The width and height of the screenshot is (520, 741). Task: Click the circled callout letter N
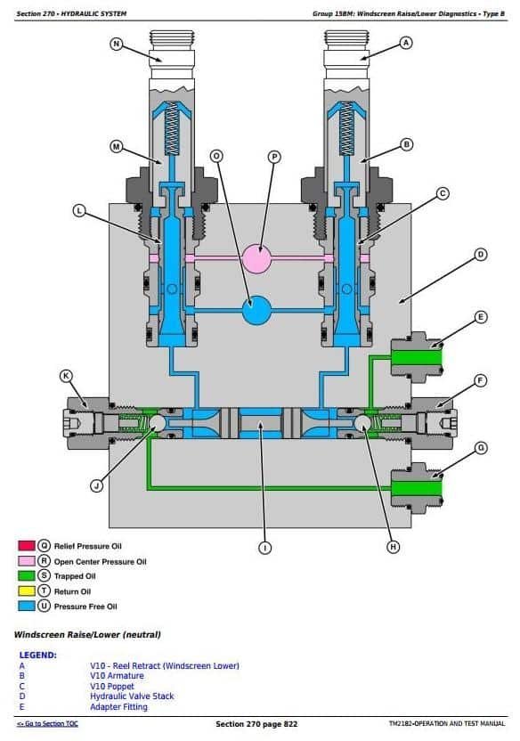[116, 44]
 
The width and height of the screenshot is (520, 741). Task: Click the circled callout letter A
[406, 43]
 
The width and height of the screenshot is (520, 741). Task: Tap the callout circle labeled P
[274, 157]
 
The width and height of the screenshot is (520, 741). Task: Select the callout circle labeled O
[216, 156]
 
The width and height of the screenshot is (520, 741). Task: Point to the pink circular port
[257, 258]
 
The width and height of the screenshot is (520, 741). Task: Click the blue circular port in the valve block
[257, 311]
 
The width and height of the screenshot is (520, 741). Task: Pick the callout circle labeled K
[66, 376]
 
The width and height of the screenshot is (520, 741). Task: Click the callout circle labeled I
[265, 548]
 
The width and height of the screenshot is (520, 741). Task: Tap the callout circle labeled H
[394, 547]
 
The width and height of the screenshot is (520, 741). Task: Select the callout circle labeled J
[97, 485]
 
